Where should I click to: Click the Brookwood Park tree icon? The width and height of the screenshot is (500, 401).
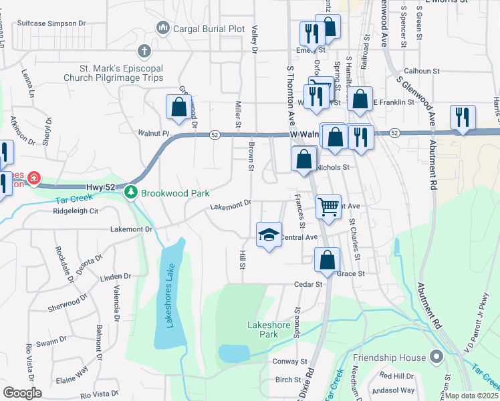pos(131,192)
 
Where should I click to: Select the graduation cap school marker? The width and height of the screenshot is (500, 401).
pos(269,234)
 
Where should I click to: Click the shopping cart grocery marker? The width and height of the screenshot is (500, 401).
pos(328,207)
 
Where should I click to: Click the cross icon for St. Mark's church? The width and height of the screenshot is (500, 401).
pos(144,51)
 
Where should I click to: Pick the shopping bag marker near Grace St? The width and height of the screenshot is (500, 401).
pos(327,259)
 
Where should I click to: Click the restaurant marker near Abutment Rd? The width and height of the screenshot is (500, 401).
pos(463,117)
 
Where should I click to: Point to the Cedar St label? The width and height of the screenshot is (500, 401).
pos(309,284)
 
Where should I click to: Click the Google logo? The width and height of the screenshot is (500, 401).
pos(22,393)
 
